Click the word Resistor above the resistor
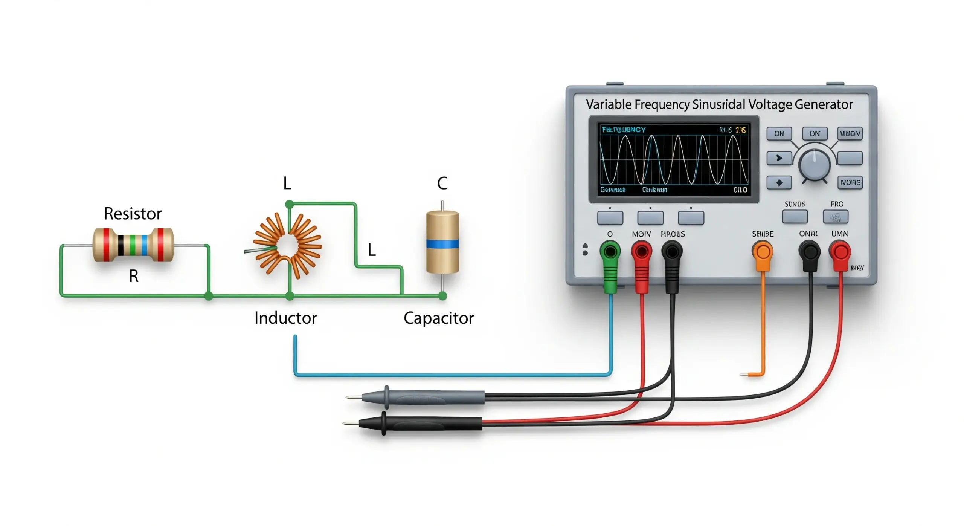pos(133,214)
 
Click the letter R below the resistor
pos(134,276)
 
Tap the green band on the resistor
pos(132,245)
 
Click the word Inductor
pos(285,318)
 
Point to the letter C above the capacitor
pos(442,183)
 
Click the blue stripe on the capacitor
pos(442,244)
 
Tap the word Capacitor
pos(438,318)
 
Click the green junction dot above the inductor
pos(289,205)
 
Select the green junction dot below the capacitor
pos(443,296)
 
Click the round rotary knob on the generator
pos(814,165)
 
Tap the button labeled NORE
pos(850,182)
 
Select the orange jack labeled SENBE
pos(763,252)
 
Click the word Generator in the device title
pos(824,104)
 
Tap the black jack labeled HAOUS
pos(672,251)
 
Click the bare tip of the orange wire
pos(744,375)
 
